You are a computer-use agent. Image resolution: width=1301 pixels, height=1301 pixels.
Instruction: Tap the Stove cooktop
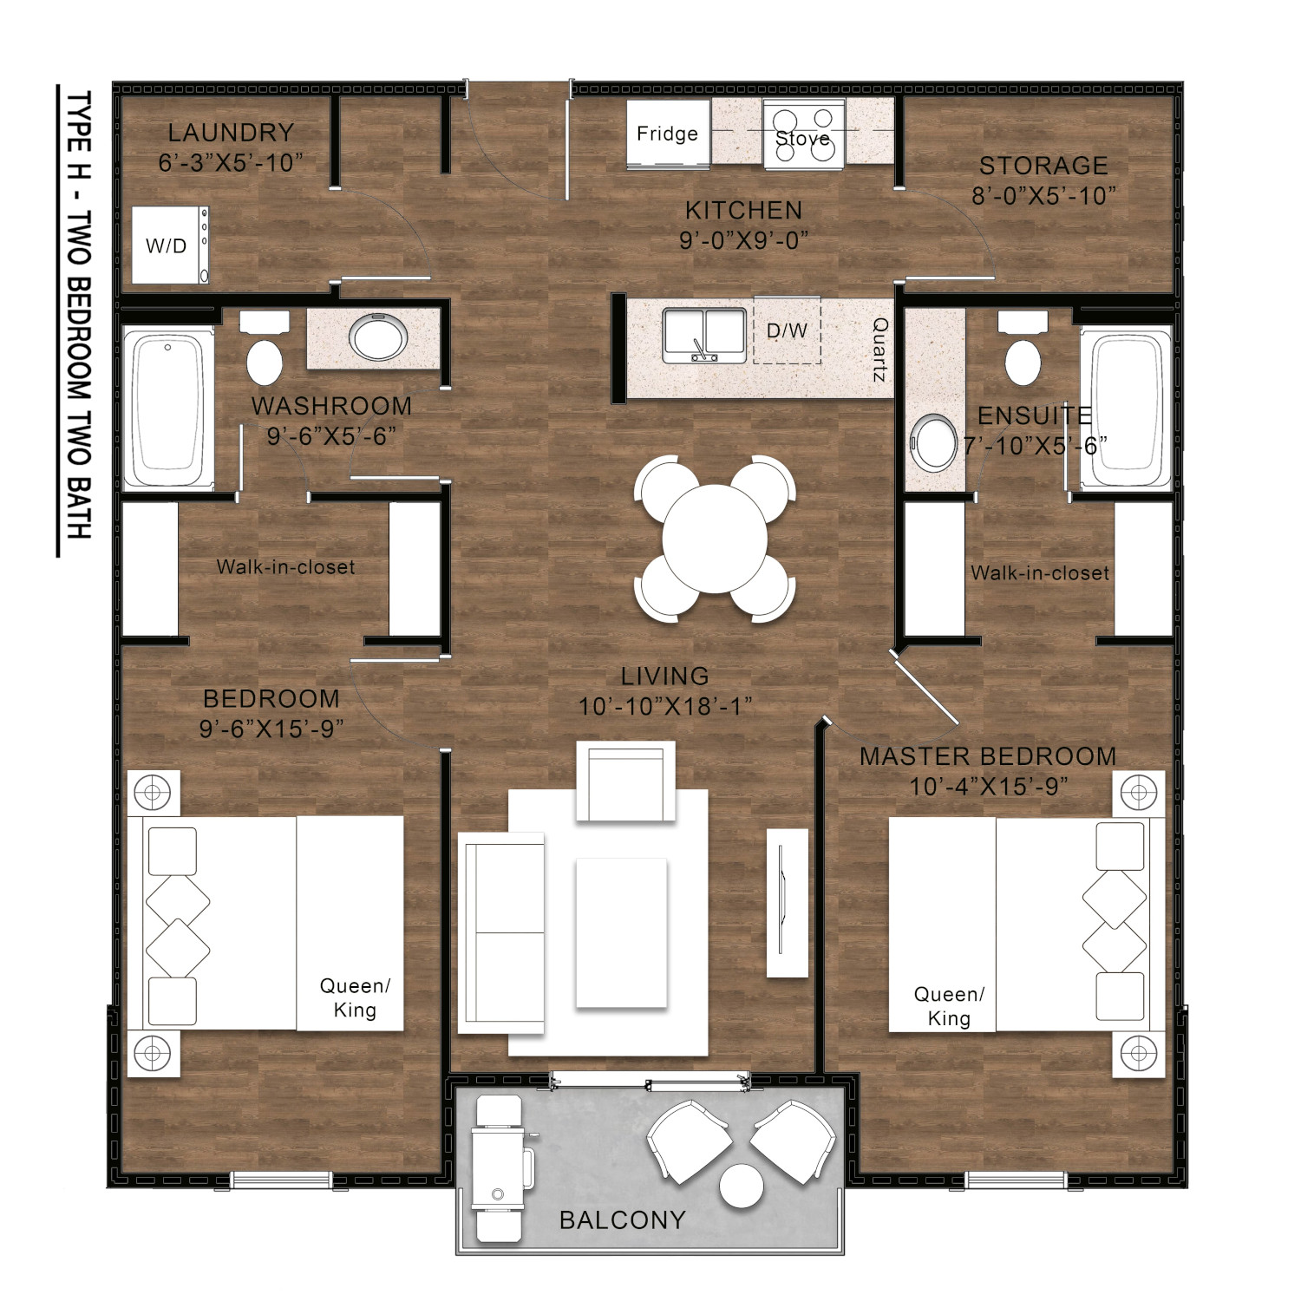tap(803, 134)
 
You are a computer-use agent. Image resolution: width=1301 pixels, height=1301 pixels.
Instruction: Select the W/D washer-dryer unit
tap(170, 245)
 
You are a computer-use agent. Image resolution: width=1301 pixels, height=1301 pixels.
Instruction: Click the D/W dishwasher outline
tap(787, 330)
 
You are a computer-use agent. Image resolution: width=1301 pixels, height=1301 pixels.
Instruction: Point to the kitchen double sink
tap(704, 335)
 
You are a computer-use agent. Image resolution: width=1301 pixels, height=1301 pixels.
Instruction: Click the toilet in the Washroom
tap(265, 350)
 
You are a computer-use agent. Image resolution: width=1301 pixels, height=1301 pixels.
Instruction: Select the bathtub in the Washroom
tap(168, 408)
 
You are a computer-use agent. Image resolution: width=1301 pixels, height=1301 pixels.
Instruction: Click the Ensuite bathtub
tap(1126, 408)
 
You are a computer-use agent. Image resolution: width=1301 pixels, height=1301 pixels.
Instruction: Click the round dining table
tap(715, 539)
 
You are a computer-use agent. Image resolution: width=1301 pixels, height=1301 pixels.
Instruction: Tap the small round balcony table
tap(742, 1186)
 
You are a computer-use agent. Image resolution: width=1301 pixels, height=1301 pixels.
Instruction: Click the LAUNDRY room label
tap(231, 133)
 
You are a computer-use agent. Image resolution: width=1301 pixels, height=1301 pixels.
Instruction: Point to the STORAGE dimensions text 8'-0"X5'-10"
tap(1043, 196)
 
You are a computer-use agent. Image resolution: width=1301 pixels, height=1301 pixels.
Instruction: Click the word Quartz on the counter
tap(879, 350)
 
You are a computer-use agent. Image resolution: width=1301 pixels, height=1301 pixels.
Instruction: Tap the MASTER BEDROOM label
tap(988, 756)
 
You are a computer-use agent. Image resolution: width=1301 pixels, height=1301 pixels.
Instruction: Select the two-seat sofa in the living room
tap(501, 932)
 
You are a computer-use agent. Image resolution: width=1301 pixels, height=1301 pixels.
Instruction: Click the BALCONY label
tap(623, 1220)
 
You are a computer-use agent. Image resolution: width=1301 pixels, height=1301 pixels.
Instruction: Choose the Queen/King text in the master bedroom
tap(949, 1006)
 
